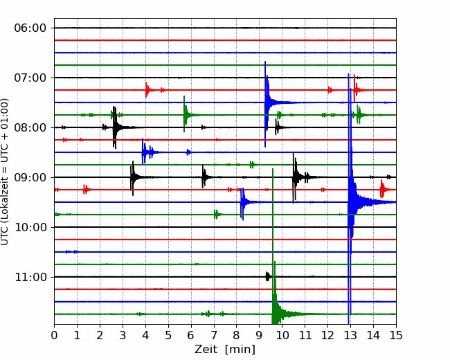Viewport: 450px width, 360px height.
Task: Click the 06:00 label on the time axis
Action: click(30, 28)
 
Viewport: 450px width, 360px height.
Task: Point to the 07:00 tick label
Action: click(30, 78)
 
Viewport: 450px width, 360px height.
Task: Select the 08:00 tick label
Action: click(30, 127)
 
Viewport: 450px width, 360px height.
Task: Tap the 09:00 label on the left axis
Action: click(30, 177)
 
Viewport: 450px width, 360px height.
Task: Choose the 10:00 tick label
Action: click(30, 227)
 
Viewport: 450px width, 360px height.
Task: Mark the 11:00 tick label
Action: click(30, 277)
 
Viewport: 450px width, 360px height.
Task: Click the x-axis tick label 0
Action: click(54, 335)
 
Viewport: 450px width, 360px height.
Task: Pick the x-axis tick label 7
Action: click(214, 335)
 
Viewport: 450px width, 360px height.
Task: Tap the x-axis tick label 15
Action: click(396, 335)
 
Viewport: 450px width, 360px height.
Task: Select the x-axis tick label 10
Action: click(282, 335)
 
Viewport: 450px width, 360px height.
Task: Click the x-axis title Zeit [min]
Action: click(225, 350)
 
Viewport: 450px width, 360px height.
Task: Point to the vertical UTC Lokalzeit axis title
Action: click(4, 172)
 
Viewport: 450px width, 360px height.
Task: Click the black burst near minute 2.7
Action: click(115, 127)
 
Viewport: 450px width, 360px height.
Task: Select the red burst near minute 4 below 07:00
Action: click(147, 90)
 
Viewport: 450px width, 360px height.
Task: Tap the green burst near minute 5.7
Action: click(185, 114)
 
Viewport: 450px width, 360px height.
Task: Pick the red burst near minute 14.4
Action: click(382, 189)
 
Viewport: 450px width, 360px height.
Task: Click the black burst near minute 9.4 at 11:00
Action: click(267, 276)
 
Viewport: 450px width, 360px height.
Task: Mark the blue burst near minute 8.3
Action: click(242, 202)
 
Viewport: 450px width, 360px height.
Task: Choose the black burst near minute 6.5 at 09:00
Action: click(204, 177)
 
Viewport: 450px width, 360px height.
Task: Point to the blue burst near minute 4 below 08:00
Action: click(145, 152)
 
